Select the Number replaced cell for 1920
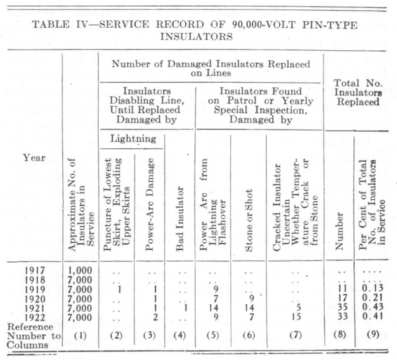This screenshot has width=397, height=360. [339, 298]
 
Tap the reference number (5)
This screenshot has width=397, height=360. [213, 336]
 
